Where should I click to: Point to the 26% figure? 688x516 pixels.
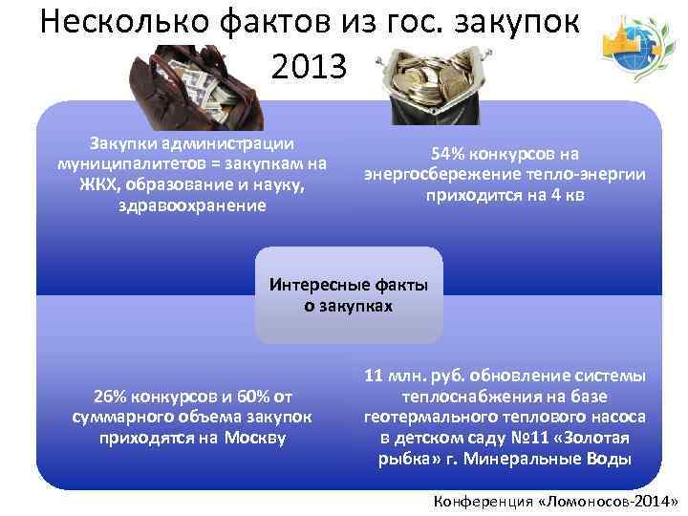pos(108,397)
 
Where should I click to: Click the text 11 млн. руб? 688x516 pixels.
pos(416,376)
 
